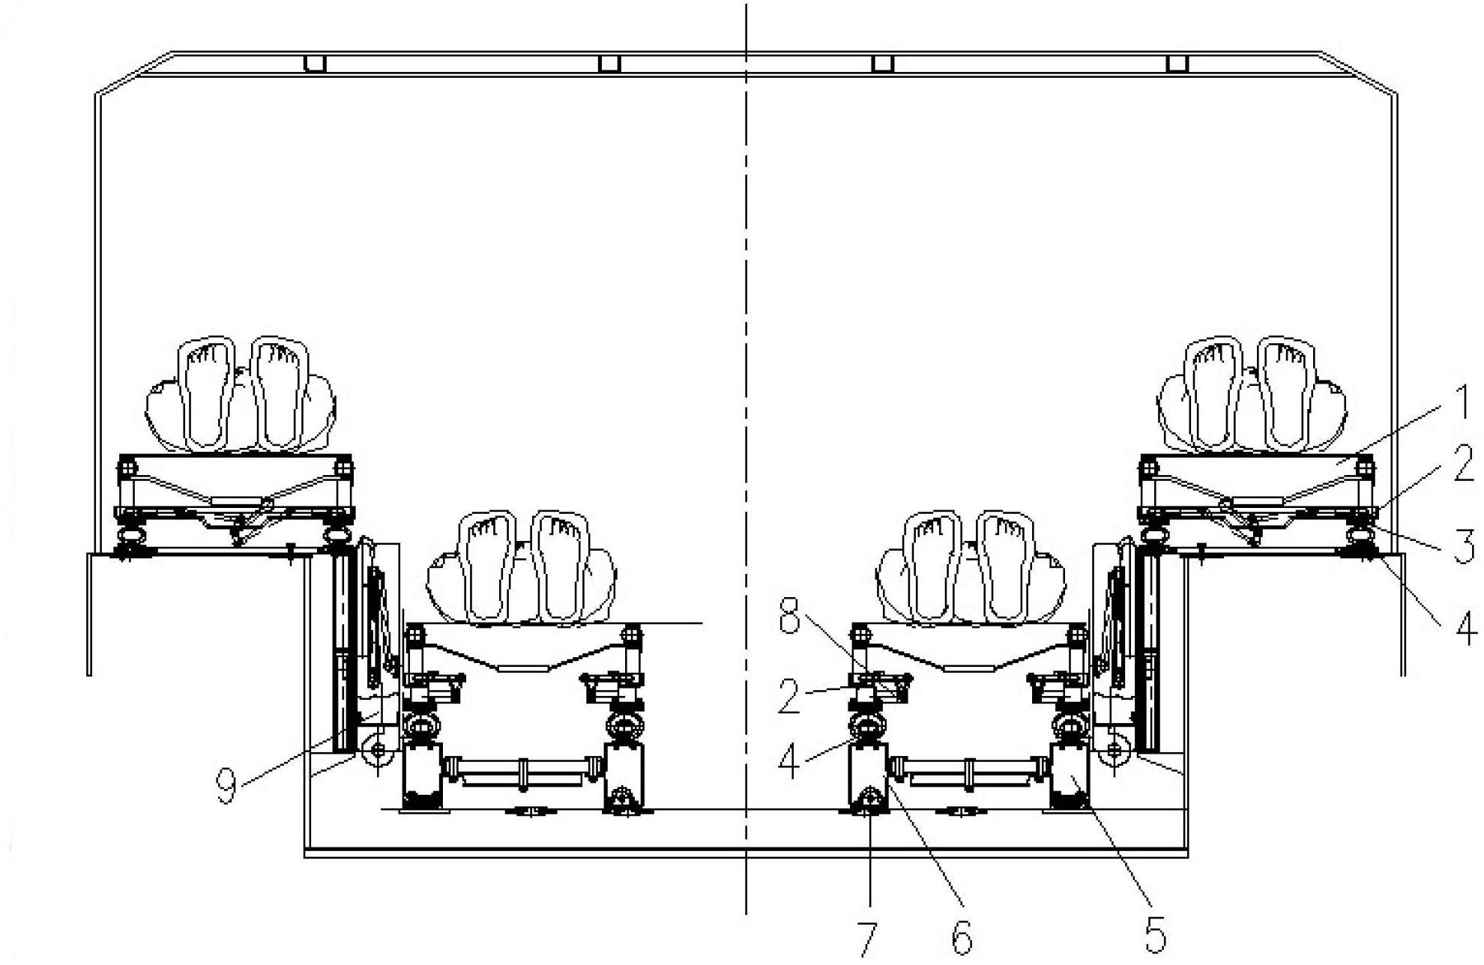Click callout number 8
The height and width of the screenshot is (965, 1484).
coord(790,620)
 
